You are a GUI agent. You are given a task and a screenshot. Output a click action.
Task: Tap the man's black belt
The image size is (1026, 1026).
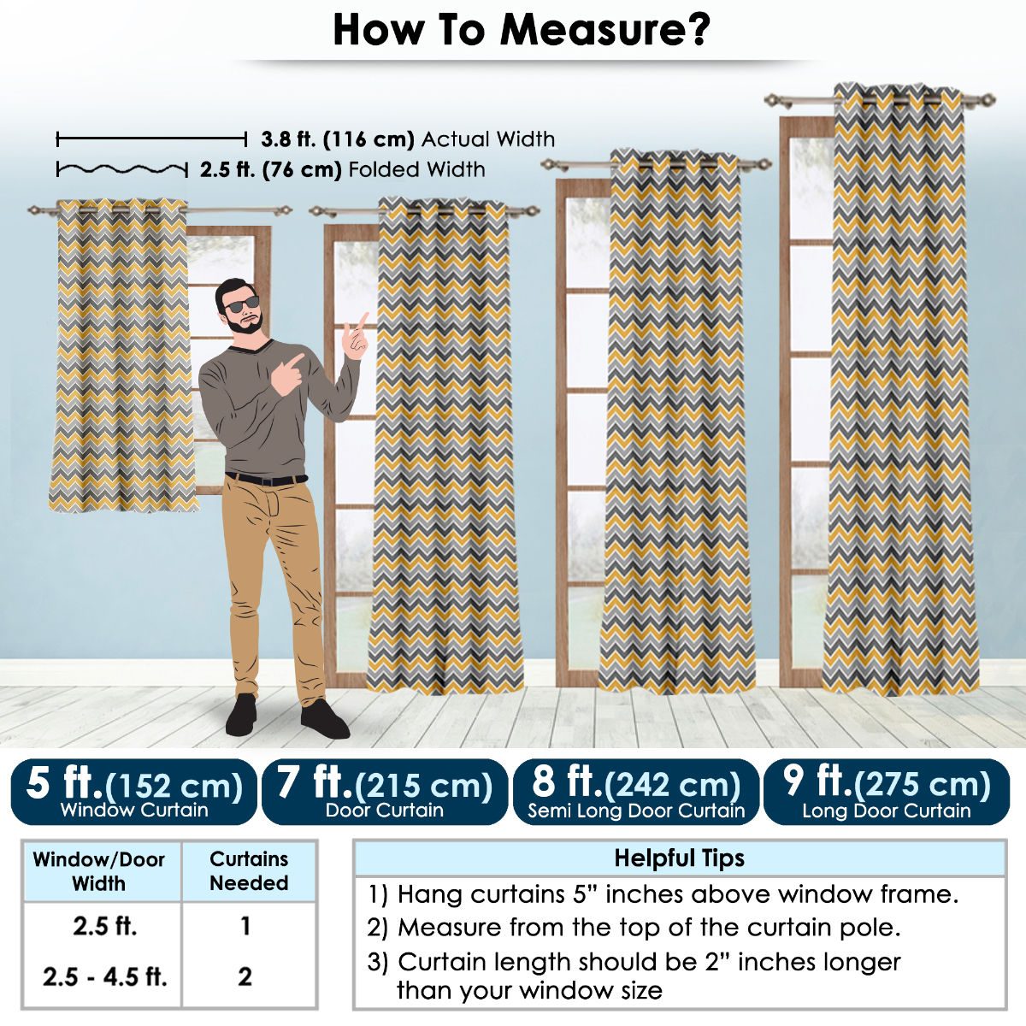(266, 479)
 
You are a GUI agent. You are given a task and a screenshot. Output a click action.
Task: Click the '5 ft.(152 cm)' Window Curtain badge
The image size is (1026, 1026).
(133, 792)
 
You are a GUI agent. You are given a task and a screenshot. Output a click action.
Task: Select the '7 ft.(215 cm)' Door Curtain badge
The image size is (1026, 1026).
(385, 792)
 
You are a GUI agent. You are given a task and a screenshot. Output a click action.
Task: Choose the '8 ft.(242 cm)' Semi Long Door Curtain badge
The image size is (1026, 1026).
(636, 792)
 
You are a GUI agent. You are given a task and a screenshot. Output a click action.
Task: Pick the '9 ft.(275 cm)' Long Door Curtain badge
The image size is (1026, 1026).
(887, 792)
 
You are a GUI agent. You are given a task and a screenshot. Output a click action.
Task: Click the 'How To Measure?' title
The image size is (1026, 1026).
(522, 30)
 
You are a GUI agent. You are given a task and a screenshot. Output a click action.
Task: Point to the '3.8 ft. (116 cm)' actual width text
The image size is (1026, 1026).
(337, 139)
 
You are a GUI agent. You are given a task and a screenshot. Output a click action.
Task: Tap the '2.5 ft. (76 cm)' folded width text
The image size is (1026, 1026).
(270, 170)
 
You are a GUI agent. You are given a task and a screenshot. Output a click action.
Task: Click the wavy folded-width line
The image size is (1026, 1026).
(122, 169)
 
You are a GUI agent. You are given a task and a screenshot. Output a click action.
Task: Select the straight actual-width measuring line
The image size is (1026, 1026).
(151, 139)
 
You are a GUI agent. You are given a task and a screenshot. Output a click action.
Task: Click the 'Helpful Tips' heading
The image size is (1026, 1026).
(680, 858)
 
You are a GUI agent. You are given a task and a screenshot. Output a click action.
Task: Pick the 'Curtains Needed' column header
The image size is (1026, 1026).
(249, 870)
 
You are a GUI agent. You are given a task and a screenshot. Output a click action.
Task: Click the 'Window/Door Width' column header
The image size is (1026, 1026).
(99, 871)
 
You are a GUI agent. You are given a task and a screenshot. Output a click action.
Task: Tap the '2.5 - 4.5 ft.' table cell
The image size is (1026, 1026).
(105, 976)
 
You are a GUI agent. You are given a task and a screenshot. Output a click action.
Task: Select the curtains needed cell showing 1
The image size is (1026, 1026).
(245, 926)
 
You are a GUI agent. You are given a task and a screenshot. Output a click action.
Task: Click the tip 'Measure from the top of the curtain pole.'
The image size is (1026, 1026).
(634, 927)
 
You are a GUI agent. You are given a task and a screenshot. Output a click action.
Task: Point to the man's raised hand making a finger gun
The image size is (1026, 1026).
(356, 337)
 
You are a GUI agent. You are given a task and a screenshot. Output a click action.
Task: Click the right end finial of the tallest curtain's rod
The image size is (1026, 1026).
(988, 100)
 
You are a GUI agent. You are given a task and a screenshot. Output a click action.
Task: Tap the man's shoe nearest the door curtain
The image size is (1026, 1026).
(325, 719)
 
